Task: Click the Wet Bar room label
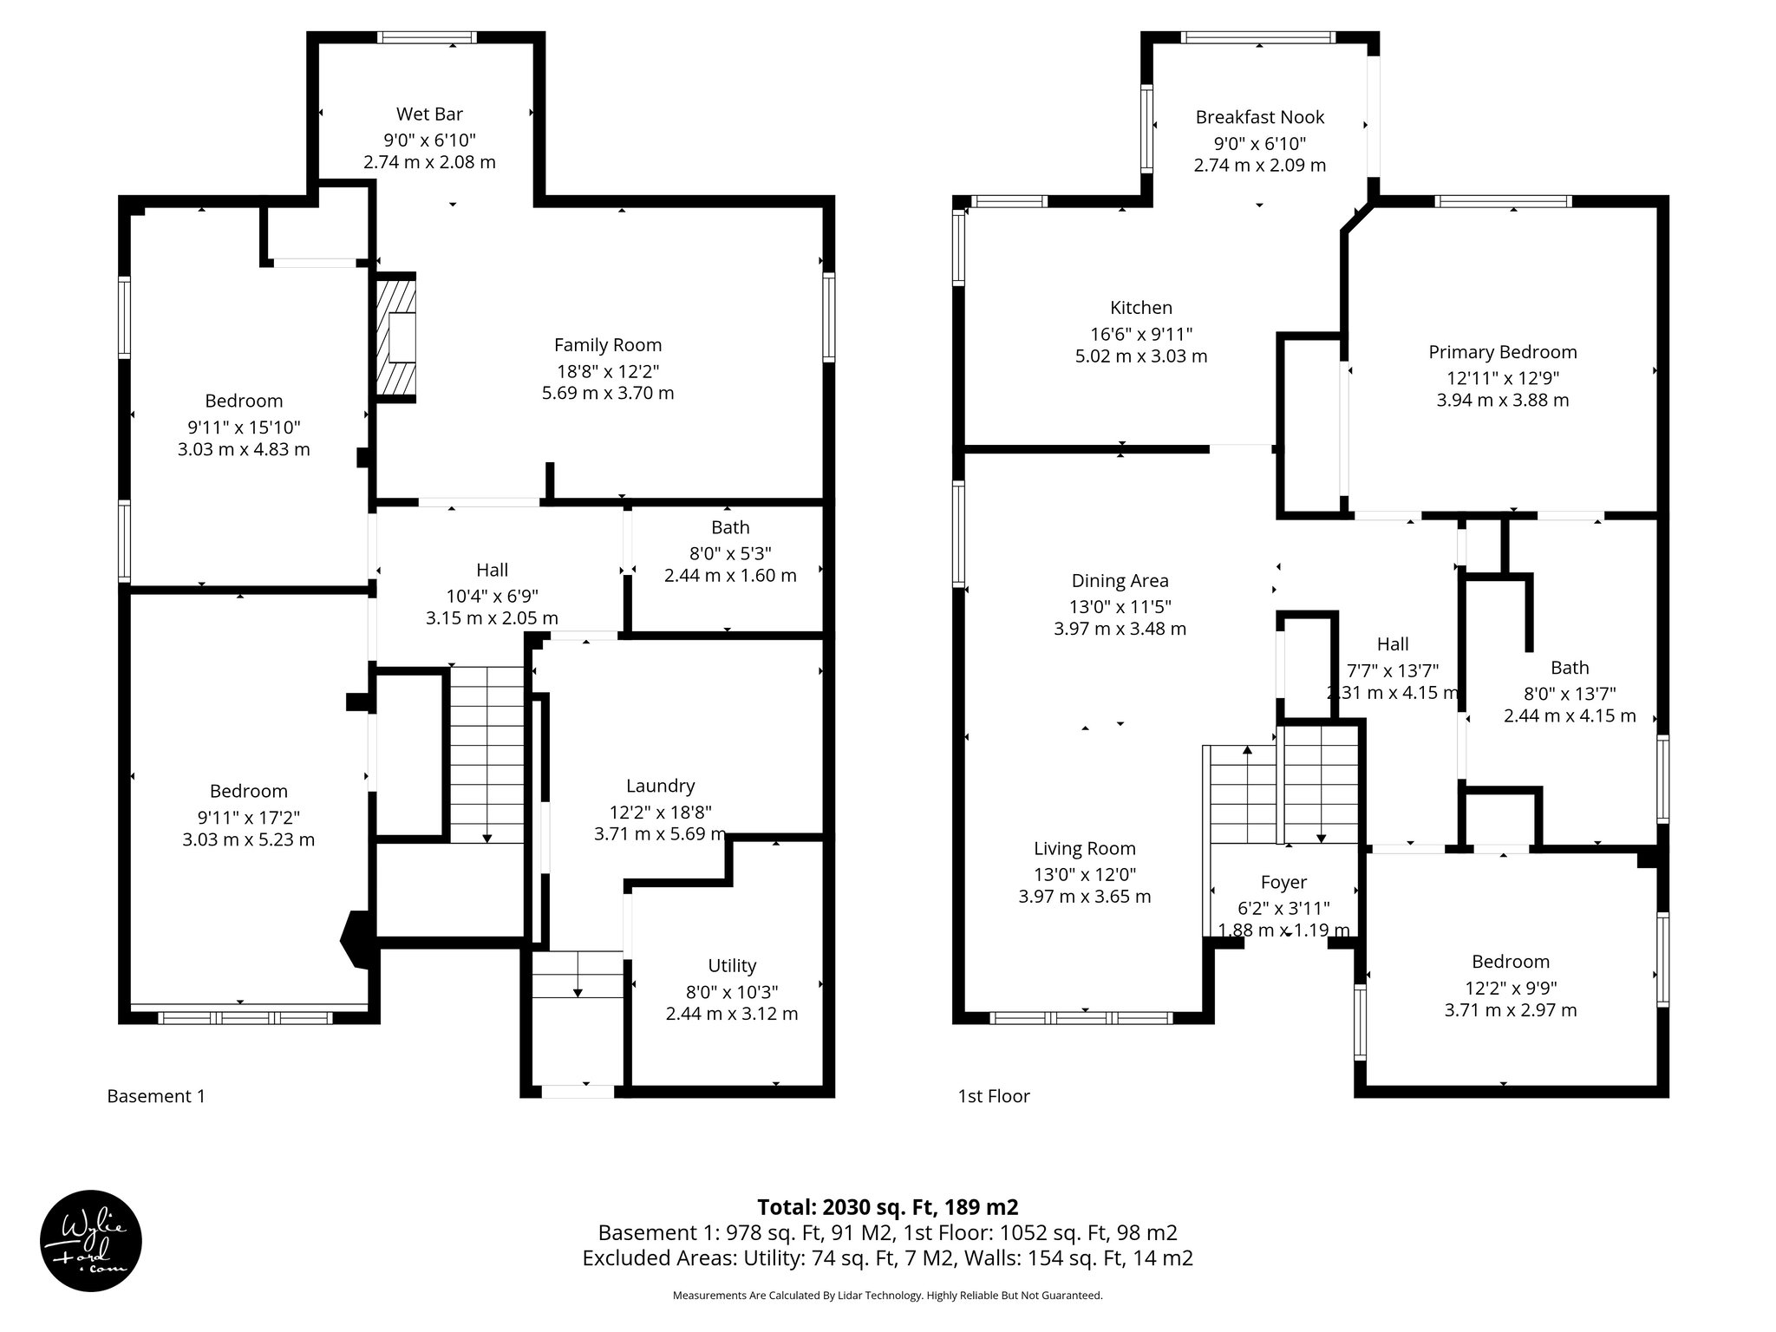coord(429,114)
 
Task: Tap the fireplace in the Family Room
coord(397,337)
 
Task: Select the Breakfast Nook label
coord(1259,117)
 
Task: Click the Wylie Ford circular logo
coord(91,1240)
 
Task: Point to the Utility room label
coord(732,966)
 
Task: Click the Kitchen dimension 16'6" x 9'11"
coord(1141,334)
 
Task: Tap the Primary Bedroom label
coord(1502,352)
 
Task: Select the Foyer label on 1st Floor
coord(1283,883)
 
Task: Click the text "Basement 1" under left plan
coord(156,1096)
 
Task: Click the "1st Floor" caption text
coord(994,1096)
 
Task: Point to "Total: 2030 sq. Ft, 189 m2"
coord(887,1207)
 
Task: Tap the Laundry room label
coord(660,786)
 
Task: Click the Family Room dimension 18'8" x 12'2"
coord(608,371)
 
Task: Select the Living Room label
coord(1084,849)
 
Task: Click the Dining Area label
coord(1120,581)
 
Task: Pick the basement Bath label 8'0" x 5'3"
coord(730,552)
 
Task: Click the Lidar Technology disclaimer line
coord(887,1296)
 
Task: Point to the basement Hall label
coord(492,570)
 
